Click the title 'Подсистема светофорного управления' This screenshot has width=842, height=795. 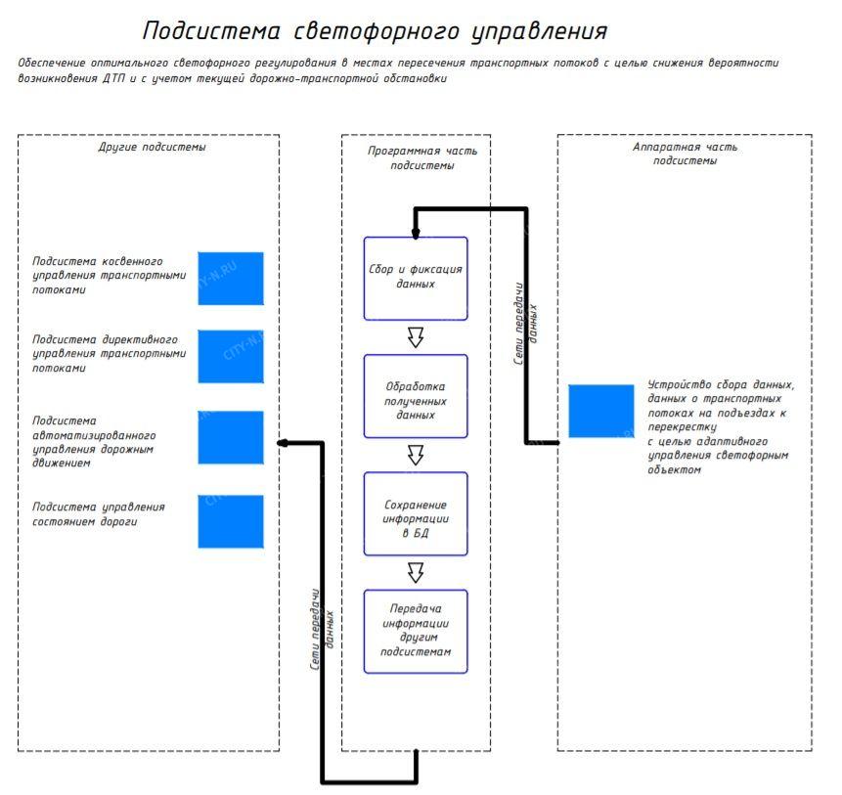click(375, 31)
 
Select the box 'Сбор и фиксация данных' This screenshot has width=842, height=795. click(416, 278)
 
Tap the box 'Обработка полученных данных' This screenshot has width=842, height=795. click(416, 395)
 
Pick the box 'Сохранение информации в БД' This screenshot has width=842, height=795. click(416, 513)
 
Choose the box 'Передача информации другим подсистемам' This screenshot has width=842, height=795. click(416, 631)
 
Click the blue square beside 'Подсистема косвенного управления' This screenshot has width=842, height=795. click(231, 278)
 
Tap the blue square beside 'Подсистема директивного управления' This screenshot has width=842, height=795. click(231, 356)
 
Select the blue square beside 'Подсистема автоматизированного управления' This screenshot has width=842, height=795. click(231, 437)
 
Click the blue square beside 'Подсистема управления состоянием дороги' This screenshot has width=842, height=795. click(231, 520)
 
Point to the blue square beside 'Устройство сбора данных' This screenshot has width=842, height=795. click(601, 411)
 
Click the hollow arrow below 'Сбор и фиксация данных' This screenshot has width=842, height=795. click(416, 337)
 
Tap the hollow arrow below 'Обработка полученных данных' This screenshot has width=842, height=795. click(416, 455)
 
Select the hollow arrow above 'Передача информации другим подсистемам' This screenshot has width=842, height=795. click(416, 572)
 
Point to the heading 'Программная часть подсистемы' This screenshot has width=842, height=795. click(417, 158)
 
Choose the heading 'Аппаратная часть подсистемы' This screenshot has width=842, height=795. click(685, 154)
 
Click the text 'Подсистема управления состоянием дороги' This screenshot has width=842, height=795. click(99, 514)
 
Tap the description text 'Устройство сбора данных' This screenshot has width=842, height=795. click(721, 427)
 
